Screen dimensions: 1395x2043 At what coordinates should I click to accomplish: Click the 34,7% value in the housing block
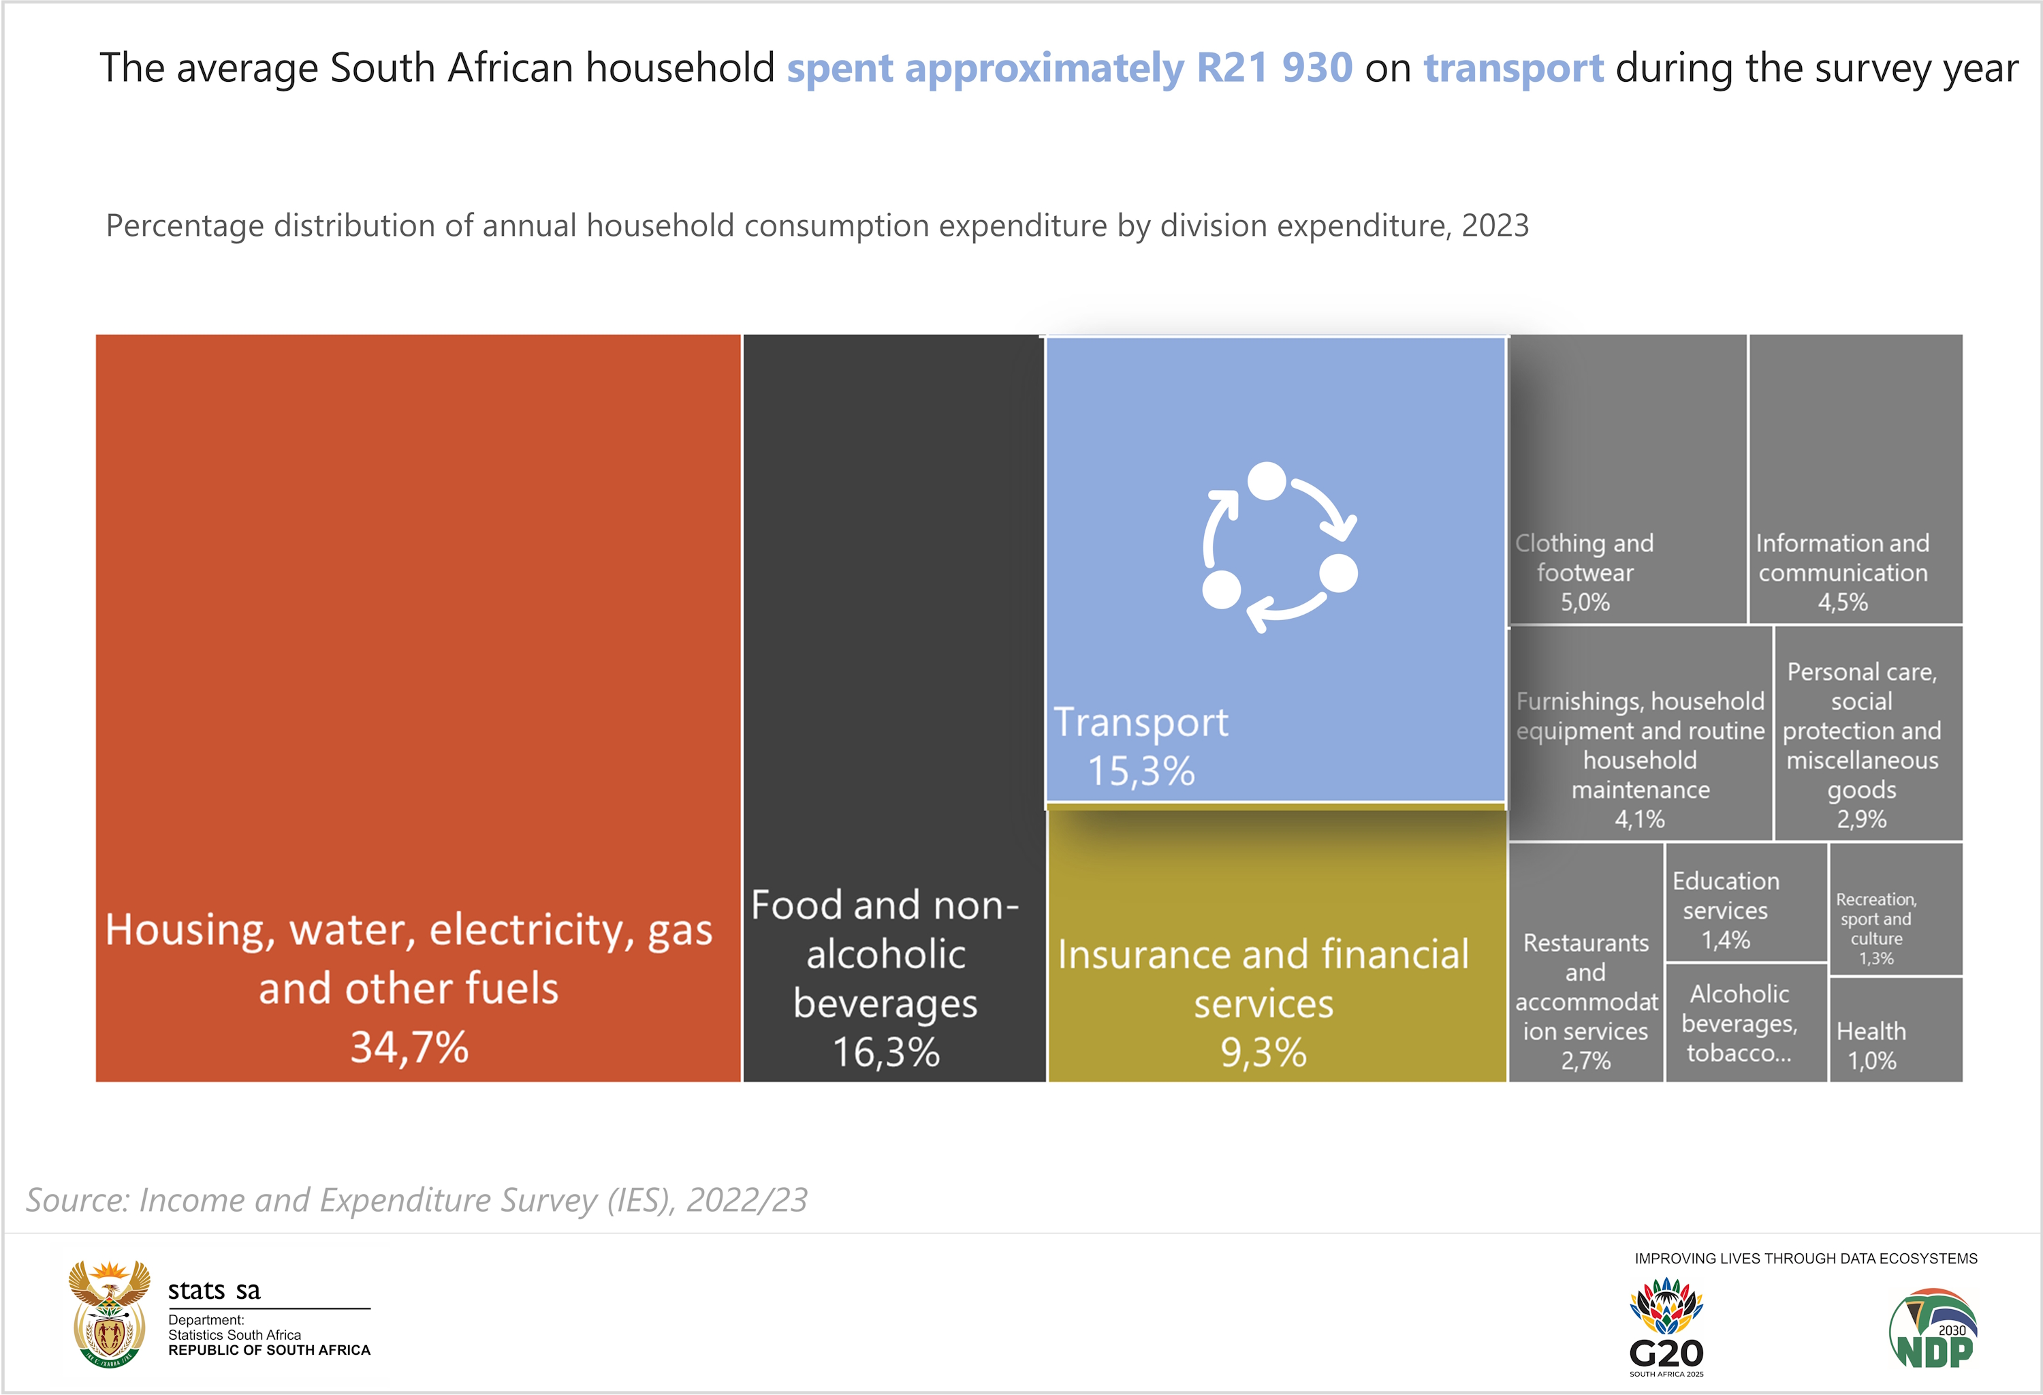click(410, 1047)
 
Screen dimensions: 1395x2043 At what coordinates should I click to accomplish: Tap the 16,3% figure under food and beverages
click(886, 1052)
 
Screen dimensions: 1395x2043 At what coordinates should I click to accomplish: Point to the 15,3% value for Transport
click(1141, 771)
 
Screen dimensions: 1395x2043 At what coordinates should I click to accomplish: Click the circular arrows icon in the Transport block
click(1279, 547)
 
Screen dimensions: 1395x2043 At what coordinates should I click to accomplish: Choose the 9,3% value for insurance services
click(1263, 1052)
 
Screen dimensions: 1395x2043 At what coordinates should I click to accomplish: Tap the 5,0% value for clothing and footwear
click(1585, 602)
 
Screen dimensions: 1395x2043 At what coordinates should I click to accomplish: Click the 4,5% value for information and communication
click(1843, 602)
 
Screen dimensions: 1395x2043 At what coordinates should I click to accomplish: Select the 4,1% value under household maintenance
click(1639, 819)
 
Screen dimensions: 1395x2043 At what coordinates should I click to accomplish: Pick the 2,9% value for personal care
click(1861, 819)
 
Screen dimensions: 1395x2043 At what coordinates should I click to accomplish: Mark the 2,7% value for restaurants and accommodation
click(1586, 1061)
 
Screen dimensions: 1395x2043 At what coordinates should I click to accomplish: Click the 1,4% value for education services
click(1726, 940)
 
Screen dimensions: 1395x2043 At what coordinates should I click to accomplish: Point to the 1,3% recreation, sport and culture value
click(1876, 959)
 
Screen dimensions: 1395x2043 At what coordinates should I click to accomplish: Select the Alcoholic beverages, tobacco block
click(1740, 1023)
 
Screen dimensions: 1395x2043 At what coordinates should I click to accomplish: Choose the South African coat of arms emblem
click(109, 1314)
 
